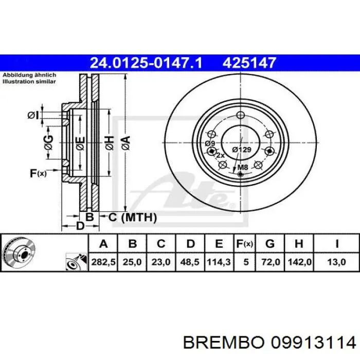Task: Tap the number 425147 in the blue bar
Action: (x=249, y=63)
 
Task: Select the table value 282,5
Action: (x=104, y=262)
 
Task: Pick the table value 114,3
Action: (x=219, y=262)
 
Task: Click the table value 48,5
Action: (x=190, y=262)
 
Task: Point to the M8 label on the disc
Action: (x=242, y=167)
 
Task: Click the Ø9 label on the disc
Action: (x=209, y=143)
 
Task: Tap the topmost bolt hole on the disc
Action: (x=241, y=116)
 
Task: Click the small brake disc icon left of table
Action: (x=19, y=254)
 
